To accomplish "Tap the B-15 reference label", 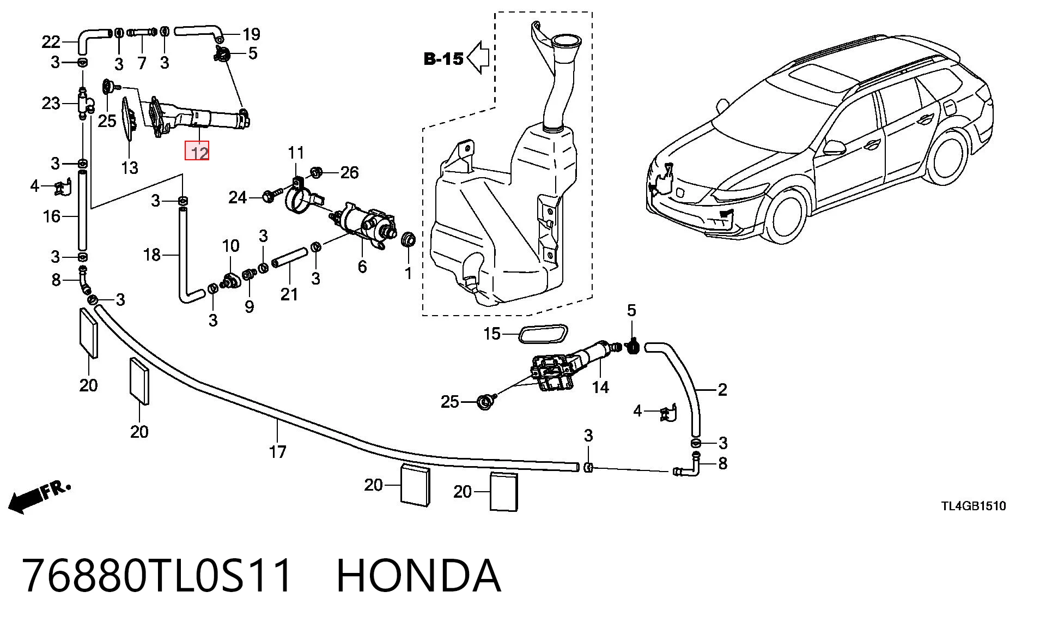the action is [443, 58].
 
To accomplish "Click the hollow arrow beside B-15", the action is [478, 57].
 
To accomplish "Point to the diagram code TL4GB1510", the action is [974, 506].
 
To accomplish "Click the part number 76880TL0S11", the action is [157, 576].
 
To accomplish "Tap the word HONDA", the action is [418, 576].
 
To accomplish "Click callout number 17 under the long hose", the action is [277, 452].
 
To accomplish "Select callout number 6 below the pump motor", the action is [362, 267].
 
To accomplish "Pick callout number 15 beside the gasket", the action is [492, 334].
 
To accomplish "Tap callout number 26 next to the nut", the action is [349, 173].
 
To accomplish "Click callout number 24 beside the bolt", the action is [238, 197].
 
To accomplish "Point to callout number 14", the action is [600, 388].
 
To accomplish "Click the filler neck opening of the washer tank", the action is [565, 40].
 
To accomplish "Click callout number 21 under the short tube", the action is [289, 294].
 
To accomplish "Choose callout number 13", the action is [129, 167].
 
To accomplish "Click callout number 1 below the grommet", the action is [409, 273].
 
